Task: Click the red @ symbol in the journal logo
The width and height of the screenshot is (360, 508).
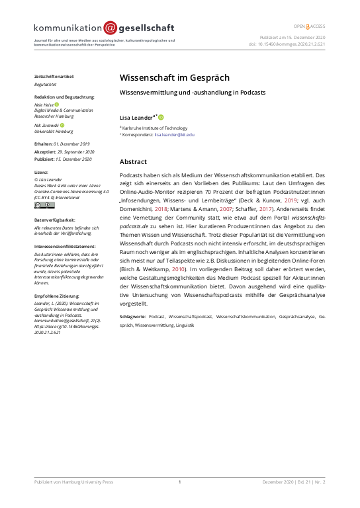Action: pyautogui.click(x=109, y=28)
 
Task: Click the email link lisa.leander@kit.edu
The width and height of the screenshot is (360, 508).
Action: pyautogui.click(x=175, y=134)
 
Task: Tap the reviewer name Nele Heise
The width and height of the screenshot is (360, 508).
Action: pyautogui.click(x=43, y=105)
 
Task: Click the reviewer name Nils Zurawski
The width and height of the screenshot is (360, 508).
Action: pyautogui.click(x=46, y=124)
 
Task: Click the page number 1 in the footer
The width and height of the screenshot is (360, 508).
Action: pyautogui.click(x=179, y=482)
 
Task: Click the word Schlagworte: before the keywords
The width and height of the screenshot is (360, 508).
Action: pyautogui.click(x=133, y=317)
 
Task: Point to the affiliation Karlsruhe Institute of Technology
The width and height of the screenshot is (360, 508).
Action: pyautogui.click(x=155, y=128)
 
